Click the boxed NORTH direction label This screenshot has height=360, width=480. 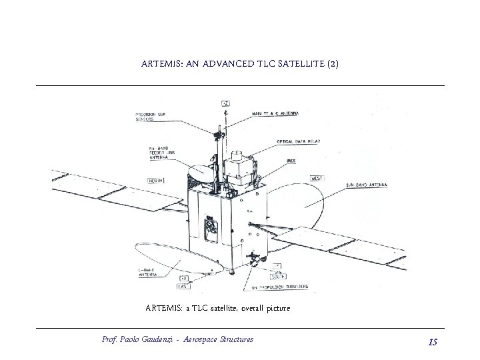[x=157, y=179]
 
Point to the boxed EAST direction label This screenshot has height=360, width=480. [x=181, y=286]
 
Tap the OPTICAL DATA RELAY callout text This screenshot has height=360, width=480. [x=297, y=142]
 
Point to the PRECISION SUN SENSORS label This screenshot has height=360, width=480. [x=153, y=117]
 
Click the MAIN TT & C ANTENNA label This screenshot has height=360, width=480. [x=275, y=113]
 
